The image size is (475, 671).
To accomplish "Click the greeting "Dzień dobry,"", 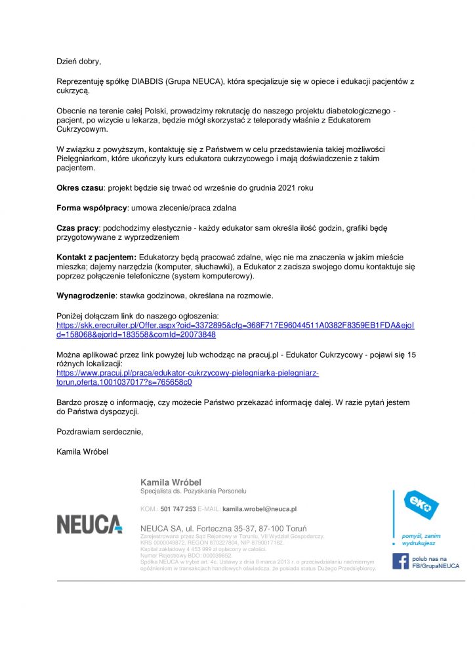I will pyautogui.click(x=79, y=62).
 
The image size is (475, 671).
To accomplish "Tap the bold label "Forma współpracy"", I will pyautogui.click(x=91, y=208).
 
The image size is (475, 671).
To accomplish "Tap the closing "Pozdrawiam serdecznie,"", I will pyautogui.click(x=100, y=432).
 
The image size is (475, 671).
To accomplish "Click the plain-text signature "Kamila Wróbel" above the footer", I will pyautogui.click(x=82, y=451).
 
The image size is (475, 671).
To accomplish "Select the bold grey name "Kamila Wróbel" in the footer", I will pyautogui.click(x=171, y=483).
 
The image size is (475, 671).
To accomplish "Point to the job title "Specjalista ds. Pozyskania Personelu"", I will pyautogui.click(x=193, y=491).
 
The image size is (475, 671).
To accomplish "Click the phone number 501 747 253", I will pyautogui.click(x=178, y=508).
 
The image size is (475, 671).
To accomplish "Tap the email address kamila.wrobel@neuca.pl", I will pyautogui.click(x=260, y=508).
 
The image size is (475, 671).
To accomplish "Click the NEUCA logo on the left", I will pyautogui.click(x=89, y=524).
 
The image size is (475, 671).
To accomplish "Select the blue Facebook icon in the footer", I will pyautogui.click(x=400, y=561).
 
